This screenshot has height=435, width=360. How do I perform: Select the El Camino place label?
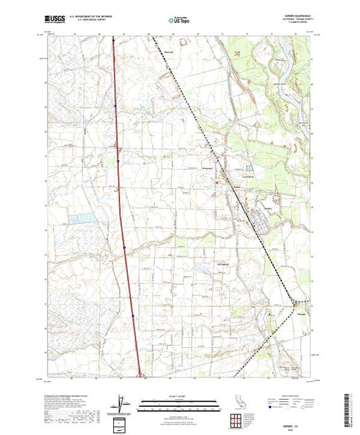coord(221,262)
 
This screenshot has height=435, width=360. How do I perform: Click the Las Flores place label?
coord(239,178)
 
